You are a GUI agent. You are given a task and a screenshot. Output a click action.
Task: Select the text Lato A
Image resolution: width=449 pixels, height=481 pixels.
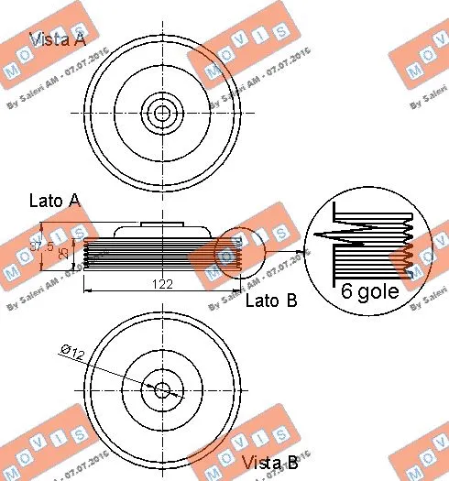point(54,199)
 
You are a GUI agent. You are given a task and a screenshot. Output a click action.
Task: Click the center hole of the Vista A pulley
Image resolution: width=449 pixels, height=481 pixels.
point(162,115)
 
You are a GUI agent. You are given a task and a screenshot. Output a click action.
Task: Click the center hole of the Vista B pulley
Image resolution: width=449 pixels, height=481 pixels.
point(162,389)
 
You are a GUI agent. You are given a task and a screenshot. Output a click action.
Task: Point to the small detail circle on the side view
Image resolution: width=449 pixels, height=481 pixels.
point(238,250)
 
